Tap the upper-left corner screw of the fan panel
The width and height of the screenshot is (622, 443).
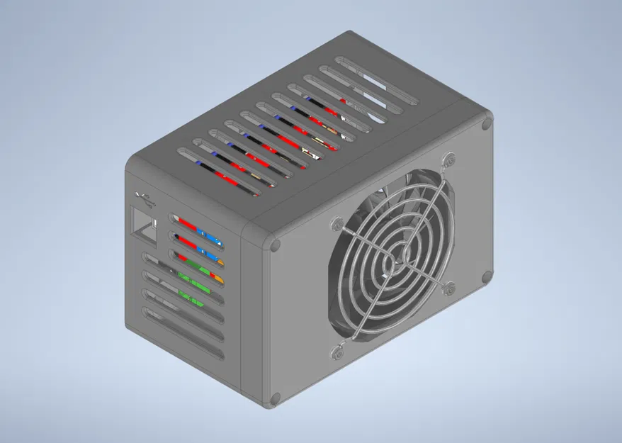pyautogui.click(x=275, y=246)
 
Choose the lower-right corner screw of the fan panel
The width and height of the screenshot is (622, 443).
pyautogui.click(x=487, y=276)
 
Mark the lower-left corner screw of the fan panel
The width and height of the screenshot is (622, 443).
pyautogui.click(x=275, y=398)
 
